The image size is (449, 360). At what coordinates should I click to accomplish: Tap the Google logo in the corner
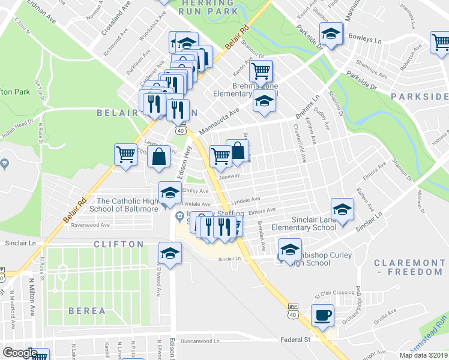[x=19, y=353]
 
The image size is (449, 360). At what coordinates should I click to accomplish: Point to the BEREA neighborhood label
[x=87, y=311]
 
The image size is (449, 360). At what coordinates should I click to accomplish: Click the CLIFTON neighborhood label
[x=118, y=244]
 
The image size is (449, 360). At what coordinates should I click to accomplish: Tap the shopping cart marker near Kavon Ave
[x=261, y=71]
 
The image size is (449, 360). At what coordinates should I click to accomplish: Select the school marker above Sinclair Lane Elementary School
[x=342, y=209]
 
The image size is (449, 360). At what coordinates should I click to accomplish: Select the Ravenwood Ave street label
[x=90, y=225]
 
